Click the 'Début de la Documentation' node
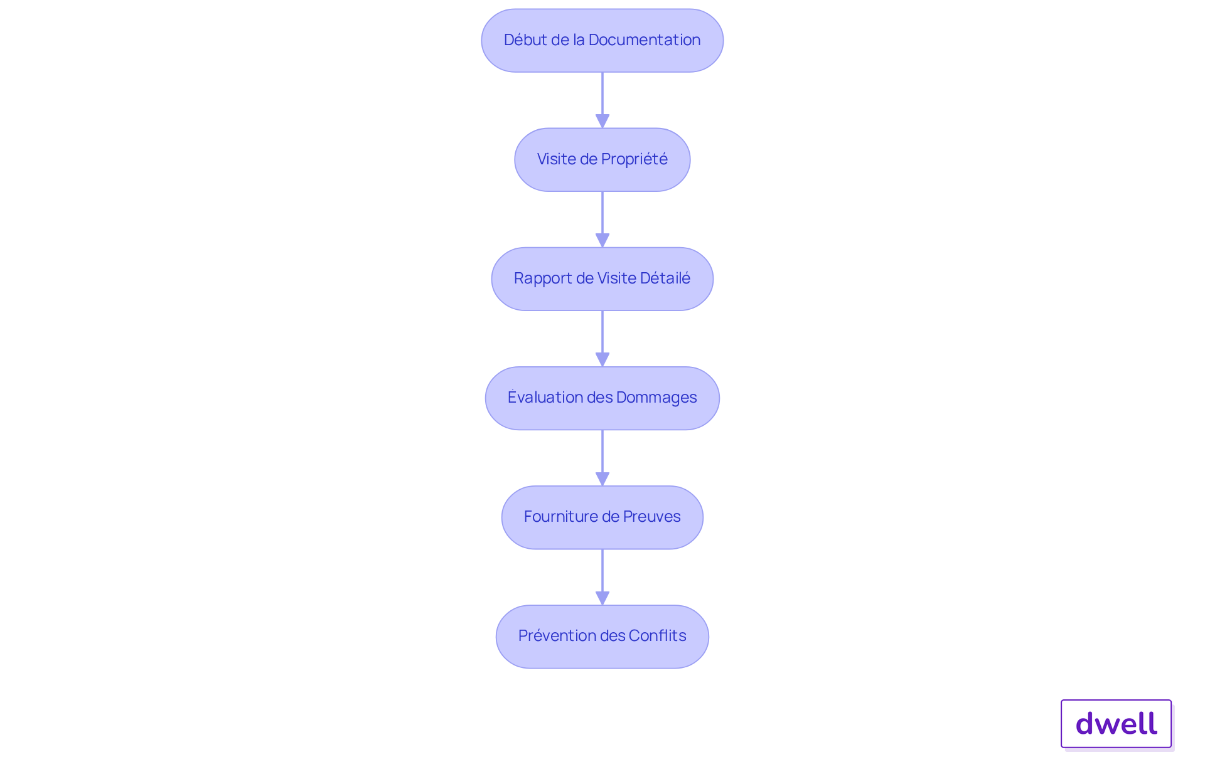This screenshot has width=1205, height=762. pos(602,40)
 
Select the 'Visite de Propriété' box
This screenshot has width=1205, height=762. pos(602,159)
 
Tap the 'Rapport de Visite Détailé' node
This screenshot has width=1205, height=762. pos(602,278)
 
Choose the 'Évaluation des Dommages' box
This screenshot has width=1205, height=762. pos(602,398)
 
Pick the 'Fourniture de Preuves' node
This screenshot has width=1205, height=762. pos(602,517)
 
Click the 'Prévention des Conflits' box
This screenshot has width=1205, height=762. pos(602,636)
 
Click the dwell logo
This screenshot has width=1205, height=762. pos(1117,724)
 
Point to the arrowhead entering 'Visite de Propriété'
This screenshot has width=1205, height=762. pos(602,121)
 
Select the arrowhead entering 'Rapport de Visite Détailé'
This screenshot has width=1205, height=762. pos(602,240)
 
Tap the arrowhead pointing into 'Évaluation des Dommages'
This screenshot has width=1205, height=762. pos(602,359)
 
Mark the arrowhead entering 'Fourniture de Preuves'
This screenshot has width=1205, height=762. pos(602,479)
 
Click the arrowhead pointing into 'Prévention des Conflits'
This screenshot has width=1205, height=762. pos(602,598)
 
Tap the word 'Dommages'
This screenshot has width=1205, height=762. pos(656,398)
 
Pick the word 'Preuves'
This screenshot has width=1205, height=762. pos(651,517)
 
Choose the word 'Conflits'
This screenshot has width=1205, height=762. pos(657,636)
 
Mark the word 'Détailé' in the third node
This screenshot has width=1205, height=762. pos(665,278)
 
